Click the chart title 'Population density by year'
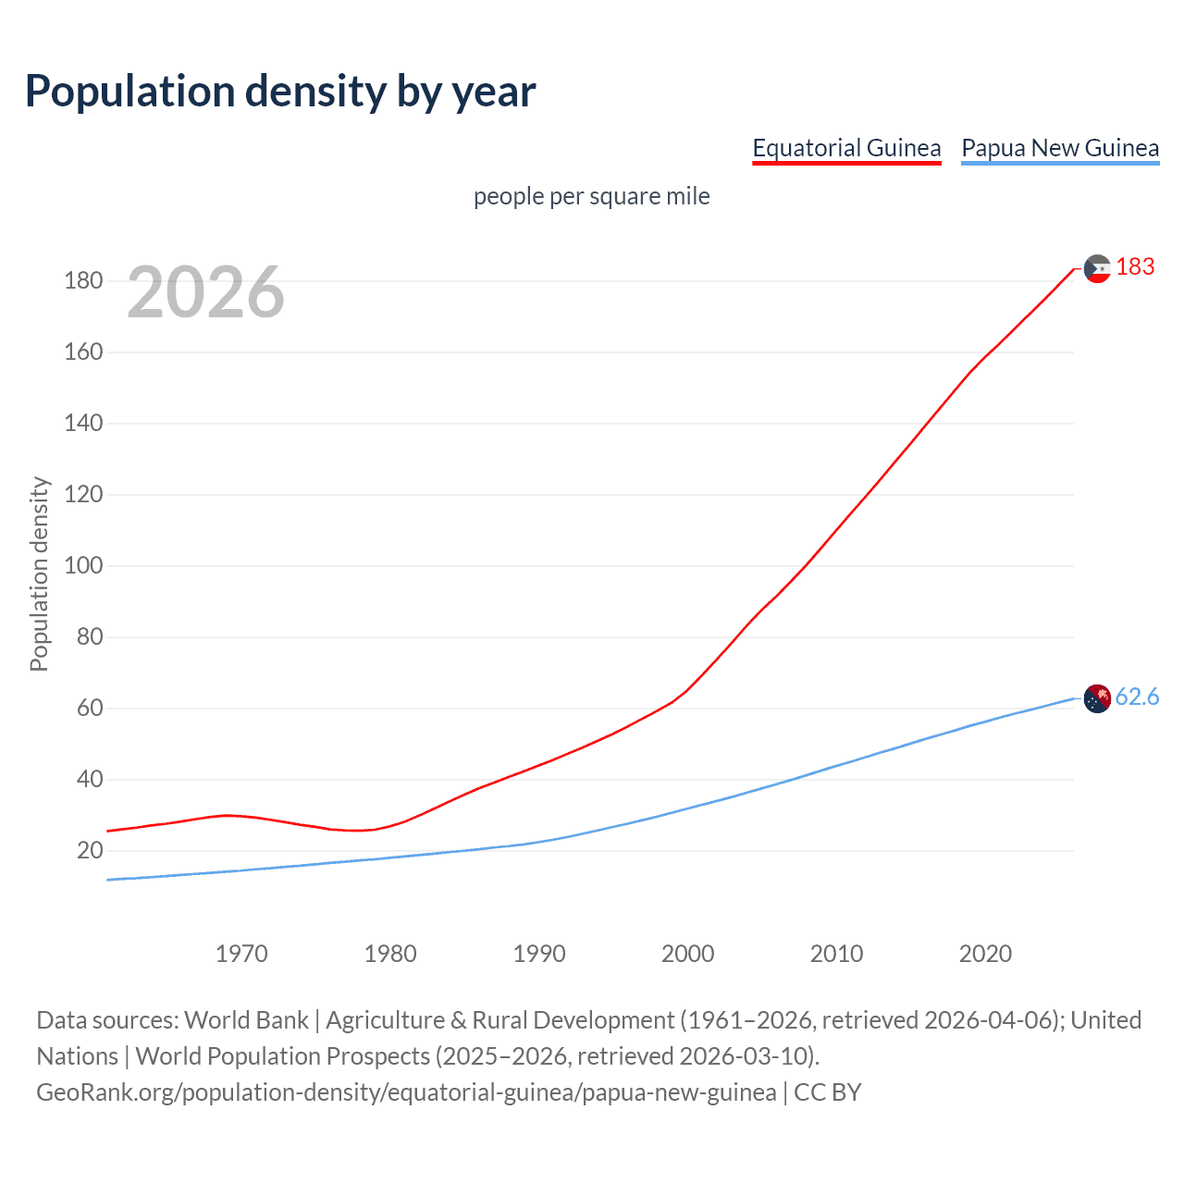[280, 92]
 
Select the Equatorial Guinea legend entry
[846, 148]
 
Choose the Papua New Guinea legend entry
[1060, 148]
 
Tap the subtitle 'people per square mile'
[591, 196]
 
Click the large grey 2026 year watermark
[205, 292]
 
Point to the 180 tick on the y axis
[83, 280]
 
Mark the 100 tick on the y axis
[83, 565]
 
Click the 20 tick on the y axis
[90, 850]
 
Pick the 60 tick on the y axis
[90, 708]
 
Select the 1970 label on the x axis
[241, 954]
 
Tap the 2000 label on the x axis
[687, 954]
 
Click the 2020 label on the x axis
[985, 954]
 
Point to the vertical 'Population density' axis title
[39, 573]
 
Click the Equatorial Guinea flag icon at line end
[1097, 268]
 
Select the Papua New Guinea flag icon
[1097, 698]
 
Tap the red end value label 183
[1135, 267]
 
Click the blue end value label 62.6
[1137, 697]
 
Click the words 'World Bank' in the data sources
[246, 1020]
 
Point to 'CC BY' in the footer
[827, 1092]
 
